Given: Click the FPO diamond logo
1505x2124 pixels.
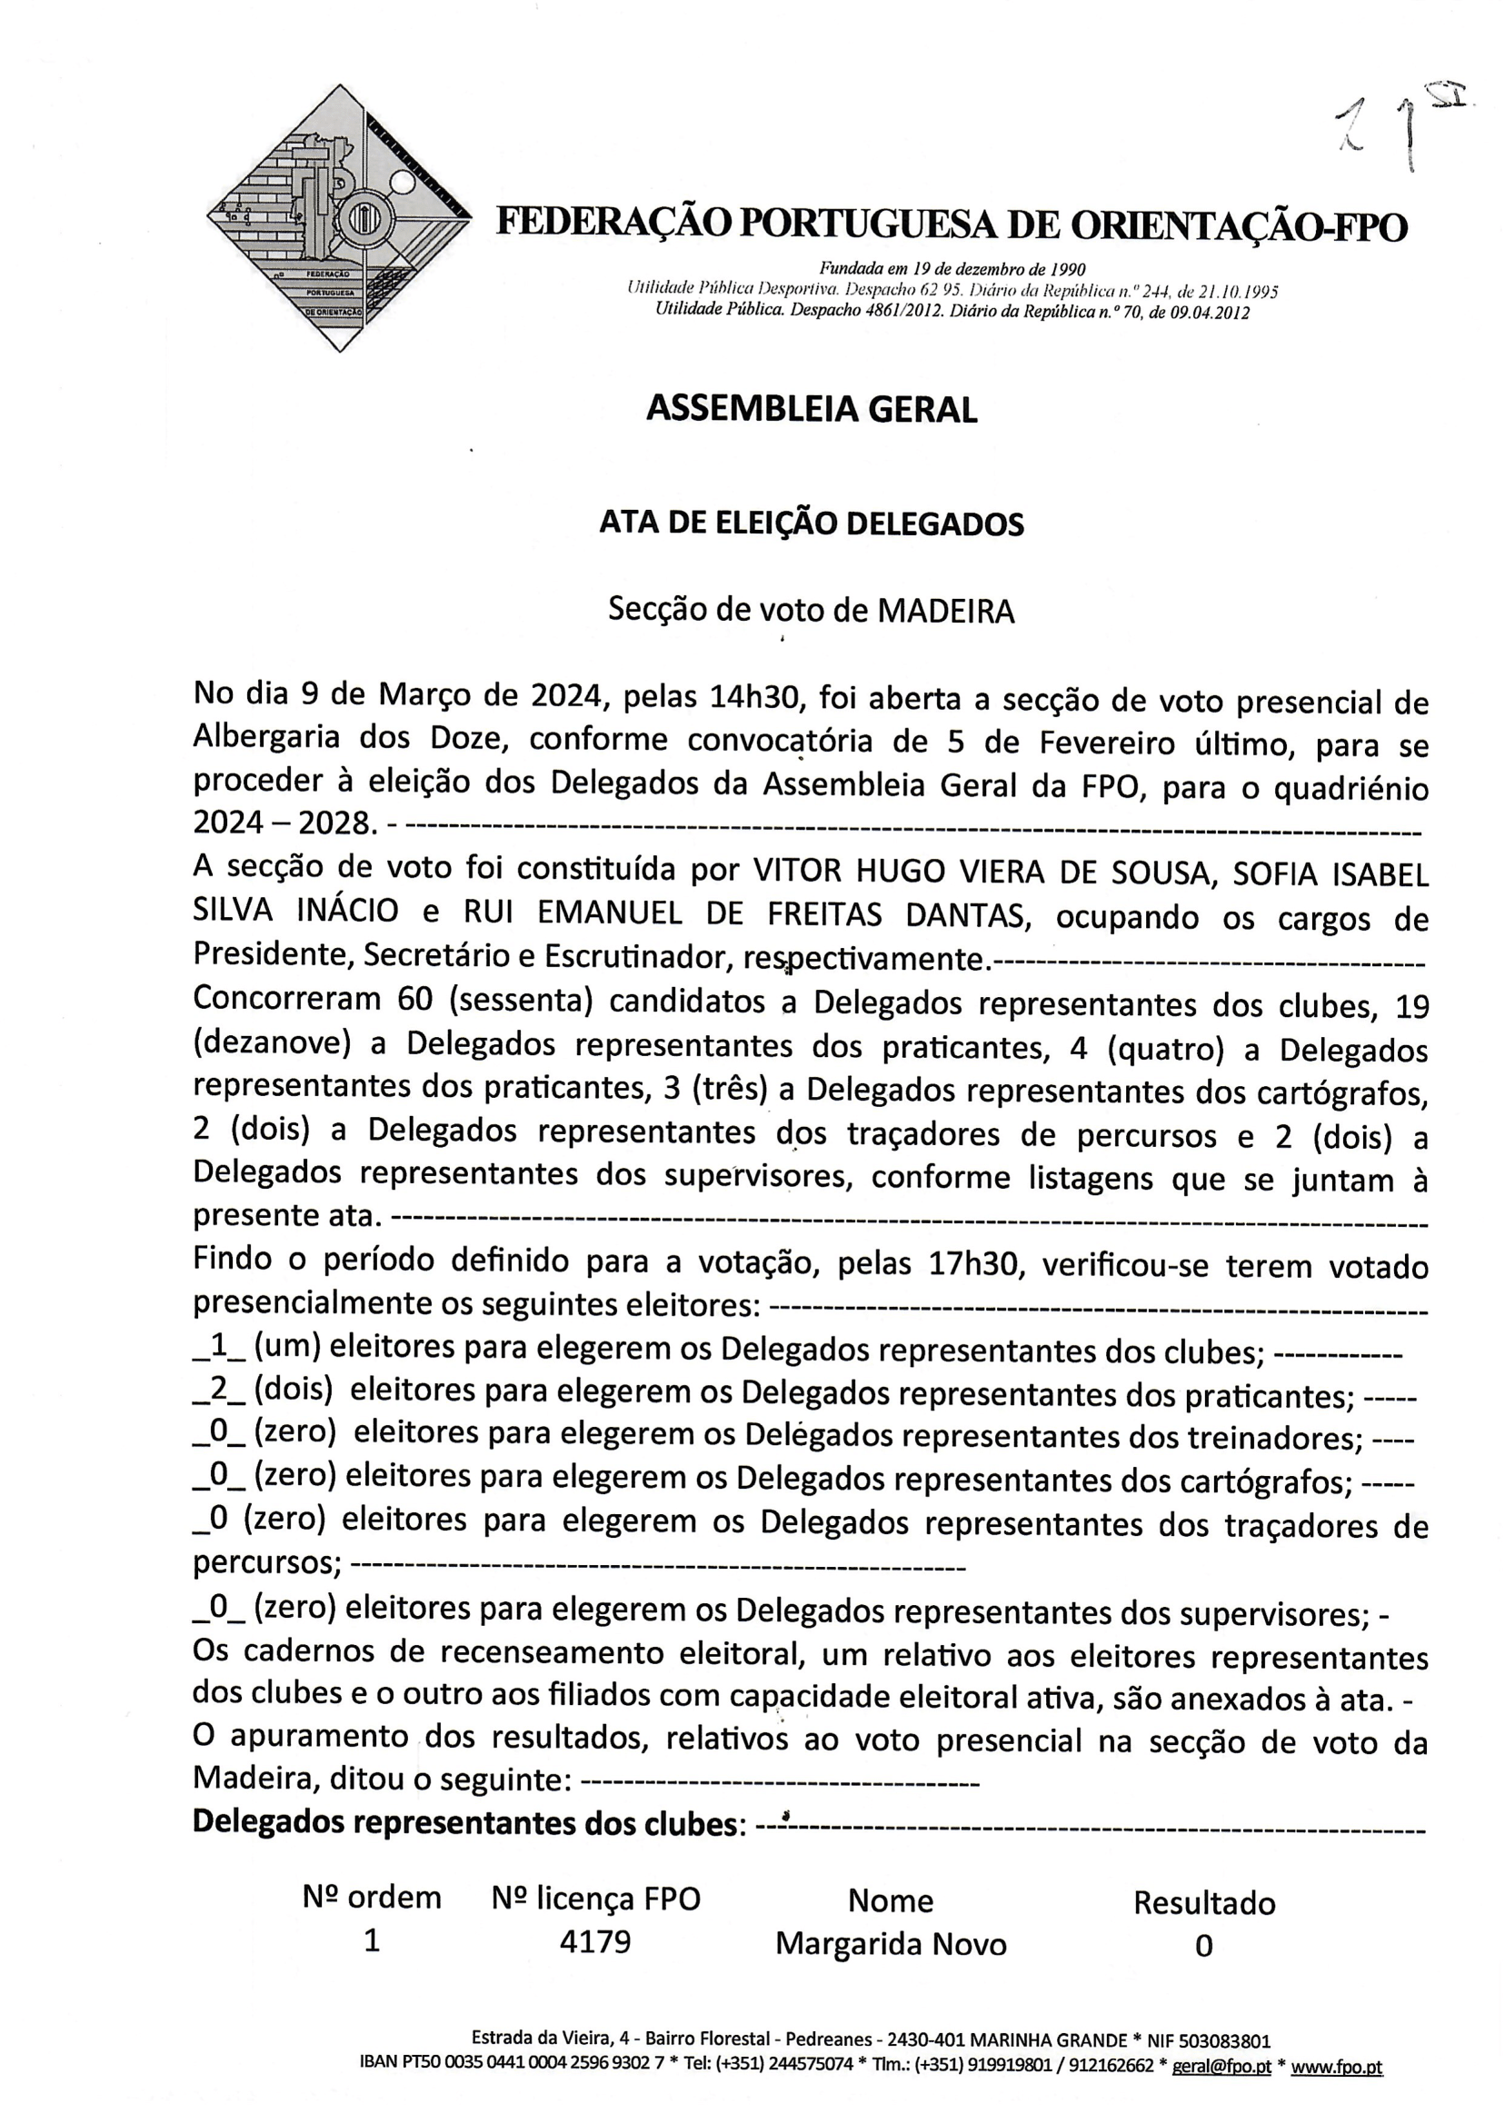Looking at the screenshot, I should tap(338, 220).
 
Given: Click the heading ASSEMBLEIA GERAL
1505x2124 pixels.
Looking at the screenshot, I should tap(811, 409).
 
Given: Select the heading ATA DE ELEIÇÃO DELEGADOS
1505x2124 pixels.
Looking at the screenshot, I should tap(811, 524).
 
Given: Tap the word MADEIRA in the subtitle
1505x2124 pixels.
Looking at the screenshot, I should tap(945, 612).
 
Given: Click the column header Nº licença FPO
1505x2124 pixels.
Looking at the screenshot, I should tap(596, 1899).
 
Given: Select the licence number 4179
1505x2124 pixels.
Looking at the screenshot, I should tap(595, 1941).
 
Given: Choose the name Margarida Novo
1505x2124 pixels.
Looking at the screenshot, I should tap(891, 1943).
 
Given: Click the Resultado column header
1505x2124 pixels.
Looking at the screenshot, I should tap(1204, 1902).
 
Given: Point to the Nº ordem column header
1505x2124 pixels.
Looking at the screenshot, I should tap(372, 1898).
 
